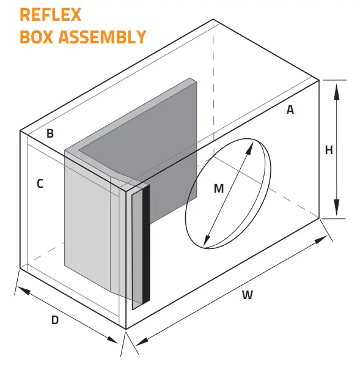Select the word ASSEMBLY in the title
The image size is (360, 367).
[102, 36]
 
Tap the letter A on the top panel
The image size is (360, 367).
[290, 110]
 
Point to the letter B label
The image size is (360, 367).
[51, 133]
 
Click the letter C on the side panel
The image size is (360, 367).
[39, 183]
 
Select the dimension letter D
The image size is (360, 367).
[54, 320]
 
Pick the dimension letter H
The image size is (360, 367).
[329, 150]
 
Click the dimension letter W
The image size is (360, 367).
[247, 295]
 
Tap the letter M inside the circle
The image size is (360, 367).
[219, 188]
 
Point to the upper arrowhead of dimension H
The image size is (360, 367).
[336, 85]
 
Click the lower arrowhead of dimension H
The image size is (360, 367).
[336, 212]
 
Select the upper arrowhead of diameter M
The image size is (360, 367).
[251, 144]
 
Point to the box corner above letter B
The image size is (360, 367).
[20, 130]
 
